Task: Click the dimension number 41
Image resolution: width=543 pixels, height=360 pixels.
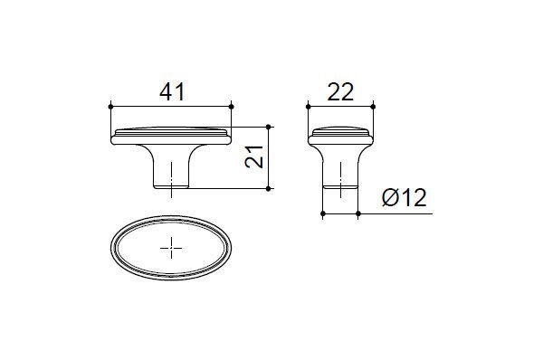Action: click(x=172, y=92)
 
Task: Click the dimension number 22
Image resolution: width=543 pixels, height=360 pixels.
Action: click(x=340, y=92)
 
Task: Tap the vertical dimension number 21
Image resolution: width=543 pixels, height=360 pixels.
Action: click(x=253, y=157)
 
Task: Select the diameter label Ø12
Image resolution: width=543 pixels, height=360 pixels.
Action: click(x=405, y=198)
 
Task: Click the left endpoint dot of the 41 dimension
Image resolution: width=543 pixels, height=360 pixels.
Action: click(x=110, y=106)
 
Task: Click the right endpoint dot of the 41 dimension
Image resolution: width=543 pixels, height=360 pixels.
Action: click(x=232, y=106)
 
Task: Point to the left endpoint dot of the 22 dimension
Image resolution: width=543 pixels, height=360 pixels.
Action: click(x=309, y=106)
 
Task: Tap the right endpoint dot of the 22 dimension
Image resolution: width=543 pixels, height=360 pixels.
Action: click(x=373, y=106)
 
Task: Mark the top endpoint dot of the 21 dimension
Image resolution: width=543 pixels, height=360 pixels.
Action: click(x=268, y=127)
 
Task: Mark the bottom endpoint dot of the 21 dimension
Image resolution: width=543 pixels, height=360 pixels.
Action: click(x=268, y=189)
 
